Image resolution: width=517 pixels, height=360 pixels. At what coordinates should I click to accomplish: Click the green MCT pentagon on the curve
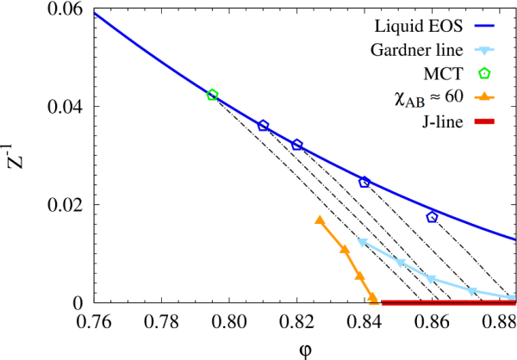click(213, 95)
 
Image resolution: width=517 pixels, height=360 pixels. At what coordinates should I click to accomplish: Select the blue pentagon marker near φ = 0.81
click(264, 126)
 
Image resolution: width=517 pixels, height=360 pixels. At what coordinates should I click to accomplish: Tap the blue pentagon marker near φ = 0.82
click(297, 145)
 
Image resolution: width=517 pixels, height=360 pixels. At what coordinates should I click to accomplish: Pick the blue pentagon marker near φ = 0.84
click(364, 183)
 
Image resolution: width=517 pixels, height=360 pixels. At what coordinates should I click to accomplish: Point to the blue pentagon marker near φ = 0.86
click(433, 217)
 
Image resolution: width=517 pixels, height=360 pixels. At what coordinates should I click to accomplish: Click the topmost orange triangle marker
click(320, 220)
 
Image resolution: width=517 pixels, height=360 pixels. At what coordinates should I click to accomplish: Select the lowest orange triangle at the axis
click(373, 299)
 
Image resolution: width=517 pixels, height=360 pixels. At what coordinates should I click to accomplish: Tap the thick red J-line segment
click(448, 302)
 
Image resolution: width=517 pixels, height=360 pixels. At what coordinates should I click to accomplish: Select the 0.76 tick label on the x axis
click(93, 320)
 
